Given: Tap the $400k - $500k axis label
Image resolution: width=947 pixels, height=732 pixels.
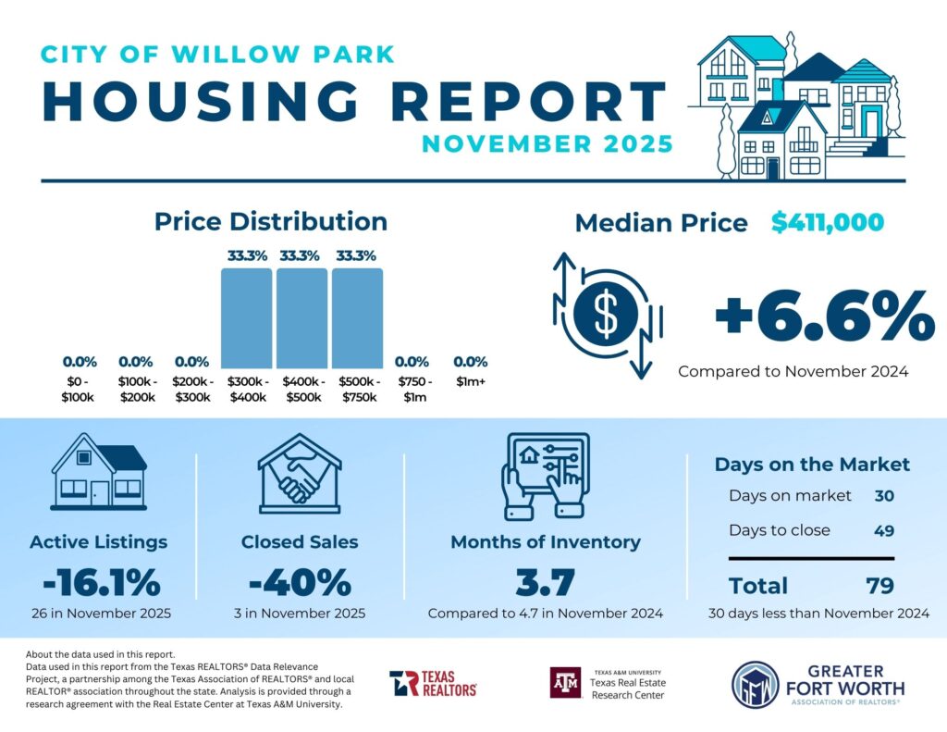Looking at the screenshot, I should (x=301, y=390).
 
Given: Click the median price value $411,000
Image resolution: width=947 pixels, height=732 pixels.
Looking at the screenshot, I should (x=828, y=222).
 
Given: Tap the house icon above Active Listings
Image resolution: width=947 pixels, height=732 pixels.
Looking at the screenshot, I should (x=99, y=472).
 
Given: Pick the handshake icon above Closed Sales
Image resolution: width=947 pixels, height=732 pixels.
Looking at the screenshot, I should (x=299, y=472).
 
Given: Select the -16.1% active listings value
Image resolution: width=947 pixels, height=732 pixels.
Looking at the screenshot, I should (x=101, y=584).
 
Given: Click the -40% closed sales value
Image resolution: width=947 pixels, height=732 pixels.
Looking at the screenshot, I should (x=300, y=584).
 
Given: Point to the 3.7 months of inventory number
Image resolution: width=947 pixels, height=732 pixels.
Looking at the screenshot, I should (x=545, y=584).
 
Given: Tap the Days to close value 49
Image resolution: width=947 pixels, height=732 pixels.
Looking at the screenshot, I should (x=884, y=530).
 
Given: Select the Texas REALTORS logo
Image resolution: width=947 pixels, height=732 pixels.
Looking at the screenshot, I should (x=433, y=683).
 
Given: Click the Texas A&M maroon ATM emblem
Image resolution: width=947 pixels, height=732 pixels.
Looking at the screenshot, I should (x=565, y=683).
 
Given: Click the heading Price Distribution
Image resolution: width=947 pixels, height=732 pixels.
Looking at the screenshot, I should (x=270, y=221).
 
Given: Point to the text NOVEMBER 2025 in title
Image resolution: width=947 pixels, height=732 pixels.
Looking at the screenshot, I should (x=547, y=144).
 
